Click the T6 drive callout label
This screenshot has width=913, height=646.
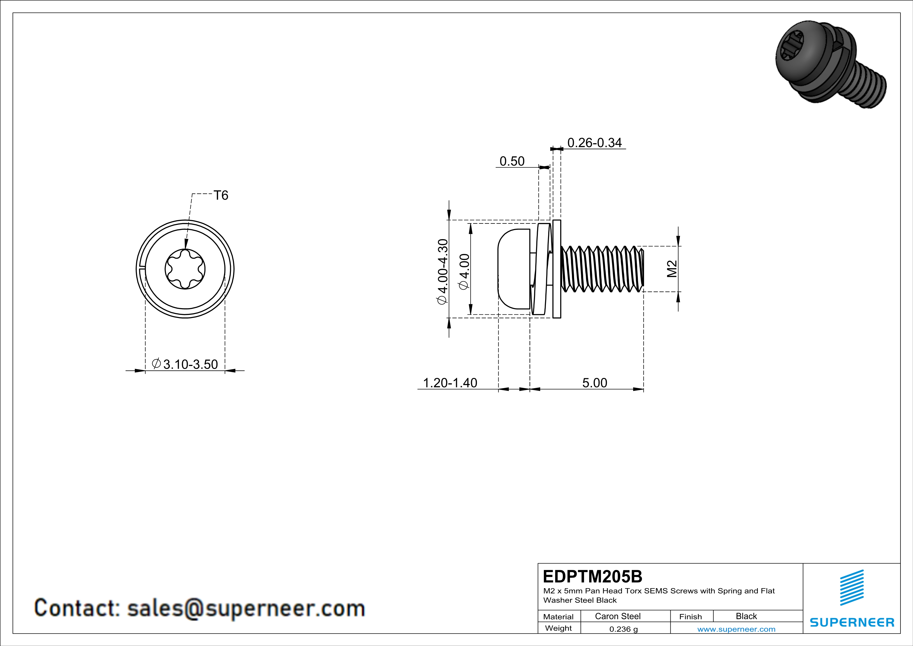tap(221, 195)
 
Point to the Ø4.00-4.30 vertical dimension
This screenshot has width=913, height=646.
tap(442, 272)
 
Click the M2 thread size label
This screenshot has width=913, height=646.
tap(672, 269)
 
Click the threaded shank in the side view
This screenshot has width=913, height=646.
tap(602, 269)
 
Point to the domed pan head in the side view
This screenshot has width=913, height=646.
tap(513, 269)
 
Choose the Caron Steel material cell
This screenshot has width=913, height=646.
tap(618, 616)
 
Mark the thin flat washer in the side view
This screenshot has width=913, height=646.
tap(557, 269)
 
